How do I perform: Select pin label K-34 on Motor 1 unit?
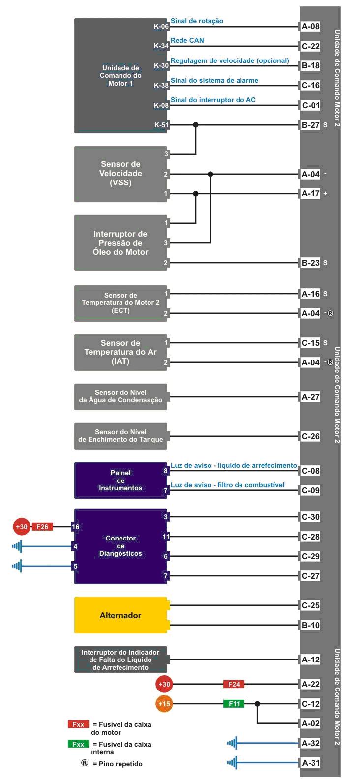[161, 46]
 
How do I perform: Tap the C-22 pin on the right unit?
[310, 46]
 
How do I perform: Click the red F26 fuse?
[42, 527]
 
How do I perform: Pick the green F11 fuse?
[234, 704]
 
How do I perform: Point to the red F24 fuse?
[234, 684]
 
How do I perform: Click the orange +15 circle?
[164, 704]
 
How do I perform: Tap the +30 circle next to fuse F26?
[22, 527]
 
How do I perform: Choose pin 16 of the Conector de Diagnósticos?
[76, 527]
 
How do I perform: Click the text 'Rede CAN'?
[187, 40]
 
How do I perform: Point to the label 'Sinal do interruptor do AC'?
[213, 100]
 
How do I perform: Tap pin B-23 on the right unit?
[310, 263]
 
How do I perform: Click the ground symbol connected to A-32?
[232, 743]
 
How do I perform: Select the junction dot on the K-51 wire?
[196, 124]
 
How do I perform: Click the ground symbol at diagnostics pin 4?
[17, 546]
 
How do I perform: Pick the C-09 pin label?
[310, 490]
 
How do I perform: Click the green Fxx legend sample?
[78, 744]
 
